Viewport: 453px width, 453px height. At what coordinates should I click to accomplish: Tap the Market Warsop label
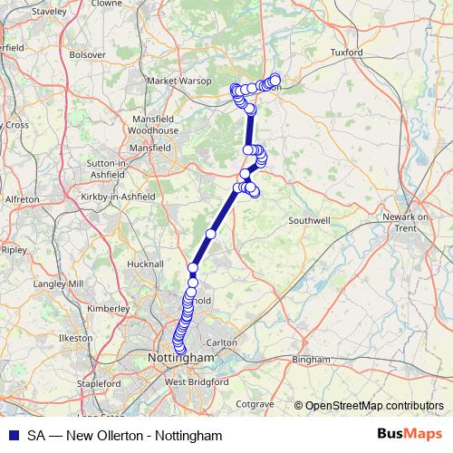178,81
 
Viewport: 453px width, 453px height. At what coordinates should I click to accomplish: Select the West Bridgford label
188,382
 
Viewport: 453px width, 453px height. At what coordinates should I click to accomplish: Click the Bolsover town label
87,54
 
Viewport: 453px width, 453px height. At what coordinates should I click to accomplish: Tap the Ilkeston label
75,338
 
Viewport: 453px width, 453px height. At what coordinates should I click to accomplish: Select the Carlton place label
223,342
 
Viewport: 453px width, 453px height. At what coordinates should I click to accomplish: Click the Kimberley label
108,308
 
